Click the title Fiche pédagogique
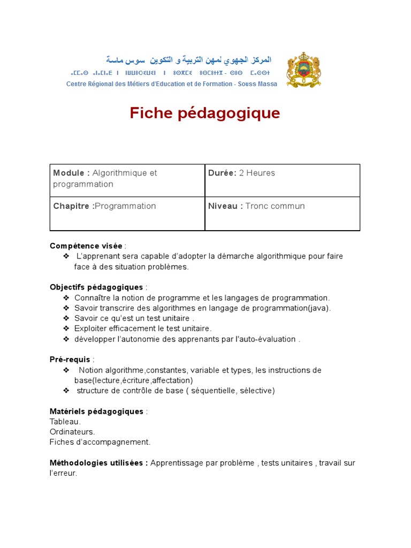pyautogui.click(x=205, y=113)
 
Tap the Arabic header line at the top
pyautogui.click(x=188, y=59)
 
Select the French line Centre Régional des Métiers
pyautogui.click(x=171, y=84)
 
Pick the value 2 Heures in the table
pyautogui.click(x=256, y=173)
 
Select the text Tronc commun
pyautogui.click(x=275, y=206)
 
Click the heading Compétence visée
pyautogui.click(x=86, y=246)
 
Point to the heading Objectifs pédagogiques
pyautogui.click(x=96, y=287)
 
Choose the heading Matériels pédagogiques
pyautogui.click(x=96, y=412)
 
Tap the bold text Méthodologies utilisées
pyautogui.click(x=98, y=463)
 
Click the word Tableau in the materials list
pyautogui.click(x=65, y=422)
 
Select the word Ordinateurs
pyautogui.click(x=72, y=432)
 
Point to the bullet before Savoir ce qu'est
pyautogui.click(x=66, y=318)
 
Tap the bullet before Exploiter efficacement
pyautogui.click(x=66, y=329)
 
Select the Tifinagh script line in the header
pyautogui.click(x=170, y=72)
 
